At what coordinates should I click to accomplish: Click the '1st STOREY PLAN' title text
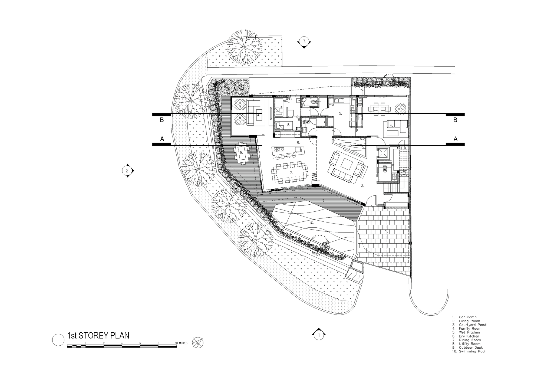coord(98,336)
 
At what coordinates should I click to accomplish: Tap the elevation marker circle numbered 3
coord(304,42)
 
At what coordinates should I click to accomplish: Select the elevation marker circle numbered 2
coord(127,171)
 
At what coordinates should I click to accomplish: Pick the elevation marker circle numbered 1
coord(319,336)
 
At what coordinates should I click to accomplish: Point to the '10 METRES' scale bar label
coord(182,343)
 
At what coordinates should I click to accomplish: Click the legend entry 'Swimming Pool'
coord(472,351)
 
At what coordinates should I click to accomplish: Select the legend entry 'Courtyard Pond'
coord(472,325)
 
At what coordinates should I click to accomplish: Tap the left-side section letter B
coord(162,120)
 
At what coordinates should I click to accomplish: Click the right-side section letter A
coord(456,139)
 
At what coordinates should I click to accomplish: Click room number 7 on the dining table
coord(291,172)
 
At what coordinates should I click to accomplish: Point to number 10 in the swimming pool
coord(311,222)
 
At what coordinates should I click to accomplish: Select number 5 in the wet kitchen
coord(341,113)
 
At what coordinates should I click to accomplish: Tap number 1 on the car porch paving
coord(386,231)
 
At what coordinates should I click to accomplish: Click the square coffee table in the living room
coord(346,163)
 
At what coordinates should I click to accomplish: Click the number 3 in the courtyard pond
coord(351,145)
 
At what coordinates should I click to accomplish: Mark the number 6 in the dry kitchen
coord(298,142)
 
